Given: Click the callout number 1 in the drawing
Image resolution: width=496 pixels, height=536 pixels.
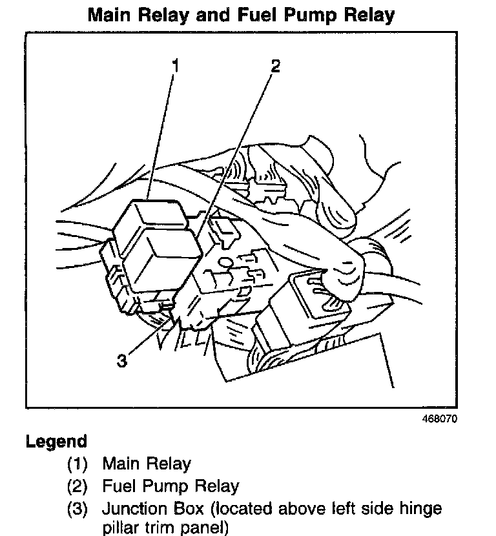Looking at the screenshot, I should point(174,65).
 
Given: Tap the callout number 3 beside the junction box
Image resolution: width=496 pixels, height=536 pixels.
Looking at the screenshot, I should point(122,360).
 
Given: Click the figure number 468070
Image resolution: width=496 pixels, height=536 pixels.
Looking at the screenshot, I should point(439,418).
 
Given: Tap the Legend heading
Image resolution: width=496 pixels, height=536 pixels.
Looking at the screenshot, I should point(56,442).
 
